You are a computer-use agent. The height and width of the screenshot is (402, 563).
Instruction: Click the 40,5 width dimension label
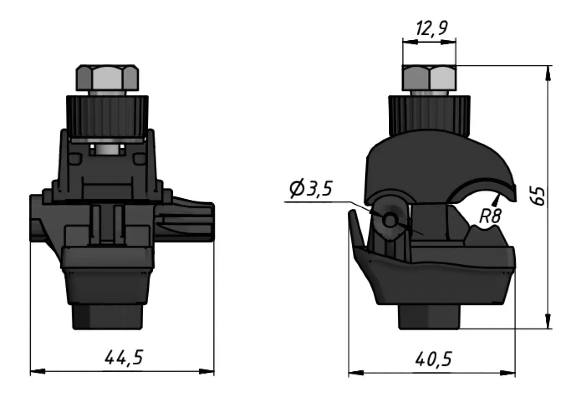tap(434, 359)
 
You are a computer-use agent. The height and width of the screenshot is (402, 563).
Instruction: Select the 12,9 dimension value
tap(431, 28)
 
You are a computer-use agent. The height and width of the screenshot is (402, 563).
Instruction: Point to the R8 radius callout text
tap(490, 216)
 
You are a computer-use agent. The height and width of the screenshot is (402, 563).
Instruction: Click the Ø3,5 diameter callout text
tap(310, 189)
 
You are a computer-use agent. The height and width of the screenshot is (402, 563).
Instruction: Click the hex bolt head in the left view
tap(107, 77)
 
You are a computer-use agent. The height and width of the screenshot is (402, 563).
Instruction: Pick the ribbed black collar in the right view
tap(429, 115)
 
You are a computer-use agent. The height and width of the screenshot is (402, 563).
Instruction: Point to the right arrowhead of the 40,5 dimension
tap(509, 373)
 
